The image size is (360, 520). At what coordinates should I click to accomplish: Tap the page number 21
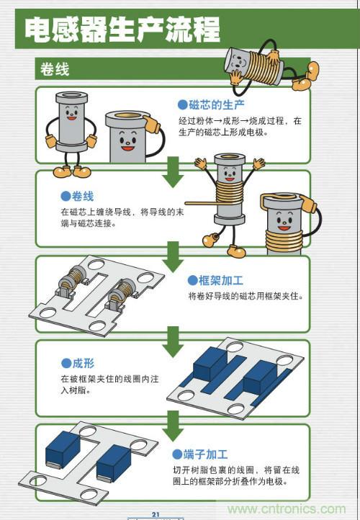(x=155, y=514)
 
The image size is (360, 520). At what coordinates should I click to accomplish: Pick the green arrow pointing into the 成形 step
(x=172, y=339)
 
